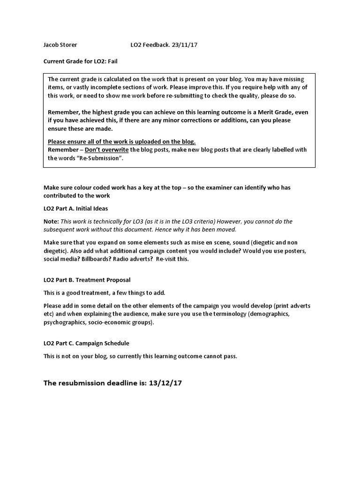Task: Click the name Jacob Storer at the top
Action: pyautogui.click(x=60, y=45)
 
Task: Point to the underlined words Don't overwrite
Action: pyautogui.click(x=107, y=150)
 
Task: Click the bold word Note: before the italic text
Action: pyautogui.click(x=51, y=221)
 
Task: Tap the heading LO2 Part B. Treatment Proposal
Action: pyautogui.click(x=83, y=280)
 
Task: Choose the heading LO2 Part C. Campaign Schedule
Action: pyautogui.click(x=86, y=343)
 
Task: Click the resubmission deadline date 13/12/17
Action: pyautogui.click(x=165, y=383)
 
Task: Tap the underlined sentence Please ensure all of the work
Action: pyautogui.click(x=121, y=142)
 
